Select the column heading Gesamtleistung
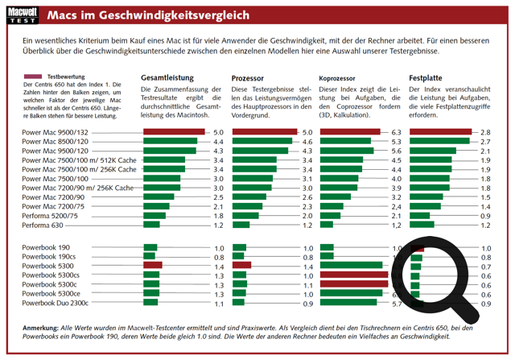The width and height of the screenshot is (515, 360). coord(171,77)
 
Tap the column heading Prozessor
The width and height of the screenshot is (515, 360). coord(249,77)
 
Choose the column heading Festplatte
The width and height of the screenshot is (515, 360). coord(428,77)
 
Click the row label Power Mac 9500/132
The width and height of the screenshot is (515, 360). coord(56,132)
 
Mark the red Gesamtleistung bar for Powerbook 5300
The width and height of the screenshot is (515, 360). coord(153,266)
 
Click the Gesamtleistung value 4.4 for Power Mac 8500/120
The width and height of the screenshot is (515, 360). coord(218,142)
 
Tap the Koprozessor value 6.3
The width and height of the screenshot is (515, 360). coord(396,132)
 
